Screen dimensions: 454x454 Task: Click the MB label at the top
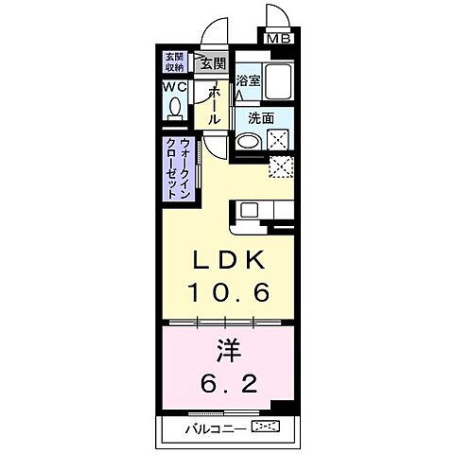278,39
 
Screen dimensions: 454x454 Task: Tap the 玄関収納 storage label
174,61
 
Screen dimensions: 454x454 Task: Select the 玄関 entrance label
213,63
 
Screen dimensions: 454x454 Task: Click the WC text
174,87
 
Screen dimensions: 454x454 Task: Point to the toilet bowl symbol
175,107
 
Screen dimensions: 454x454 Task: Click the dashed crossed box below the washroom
281,167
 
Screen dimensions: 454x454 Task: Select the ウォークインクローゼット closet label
177,167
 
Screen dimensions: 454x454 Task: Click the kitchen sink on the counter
249,209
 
